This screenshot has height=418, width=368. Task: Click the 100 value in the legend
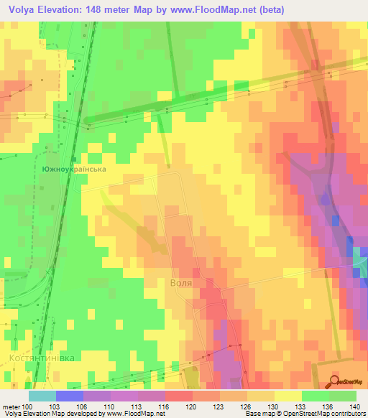[x=28, y=406]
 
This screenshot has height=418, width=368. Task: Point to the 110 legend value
[x=110, y=406]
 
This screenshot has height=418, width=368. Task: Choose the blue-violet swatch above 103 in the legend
[x=69, y=396]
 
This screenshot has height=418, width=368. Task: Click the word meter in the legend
[x=11, y=406]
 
